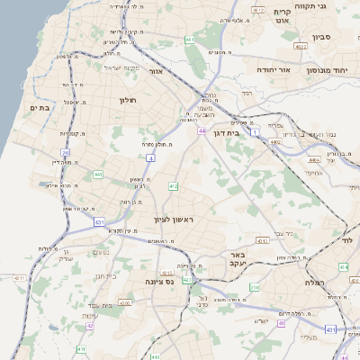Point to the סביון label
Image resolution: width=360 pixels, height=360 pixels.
322,38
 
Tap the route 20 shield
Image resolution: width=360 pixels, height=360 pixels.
66,152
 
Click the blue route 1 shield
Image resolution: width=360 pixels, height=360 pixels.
254,133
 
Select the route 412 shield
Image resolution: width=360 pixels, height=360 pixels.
173,186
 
